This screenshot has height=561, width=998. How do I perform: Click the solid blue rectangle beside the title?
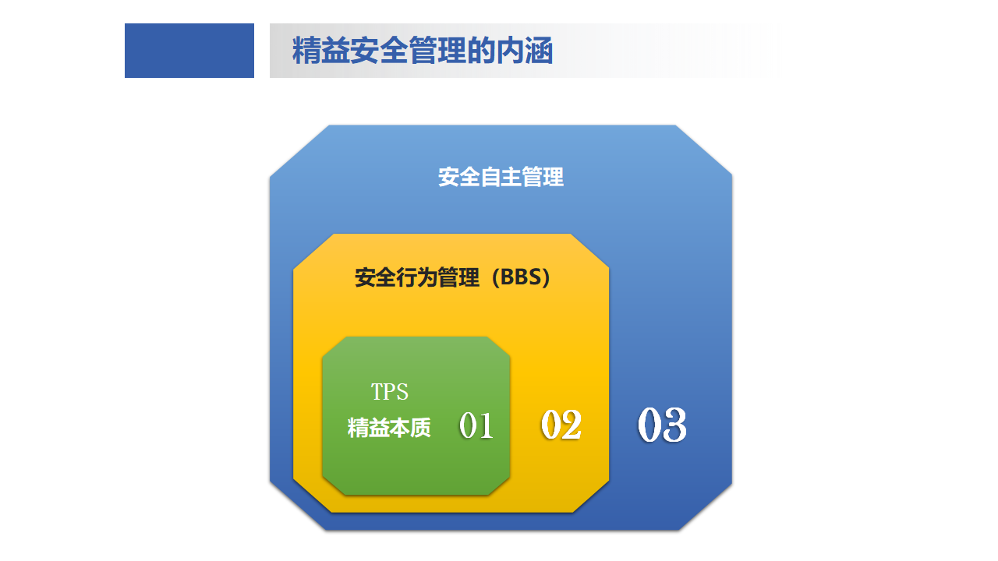(x=189, y=51)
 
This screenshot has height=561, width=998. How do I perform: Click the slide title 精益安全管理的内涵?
(x=423, y=51)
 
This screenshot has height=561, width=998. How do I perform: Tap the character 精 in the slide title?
(x=306, y=51)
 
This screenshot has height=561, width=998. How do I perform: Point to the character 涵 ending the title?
(x=539, y=51)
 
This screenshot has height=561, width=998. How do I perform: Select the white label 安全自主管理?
(x=501, y=177)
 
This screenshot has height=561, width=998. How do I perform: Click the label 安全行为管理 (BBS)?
(x=453, y=277)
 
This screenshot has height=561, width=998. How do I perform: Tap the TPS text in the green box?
(x=389, y=392)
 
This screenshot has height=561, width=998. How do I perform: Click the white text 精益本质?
(x=389, y=428)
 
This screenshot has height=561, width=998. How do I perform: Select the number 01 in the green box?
(x=476, y=425)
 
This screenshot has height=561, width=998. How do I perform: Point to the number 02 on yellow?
(x=561, y=425)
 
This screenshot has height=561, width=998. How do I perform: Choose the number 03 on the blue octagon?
(x=662, y=425)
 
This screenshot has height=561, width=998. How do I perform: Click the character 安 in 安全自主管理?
(x=448, y=177)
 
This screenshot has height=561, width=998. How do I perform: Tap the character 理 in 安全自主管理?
(x=554, y=177)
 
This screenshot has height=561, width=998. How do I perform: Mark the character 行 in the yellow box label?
(x=406, y=277)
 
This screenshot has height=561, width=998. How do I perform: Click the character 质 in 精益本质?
(x=420, y=428)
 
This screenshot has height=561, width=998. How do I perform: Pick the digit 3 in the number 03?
(x=674, y=425)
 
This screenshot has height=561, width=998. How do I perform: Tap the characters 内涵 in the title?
(x=525, y=51)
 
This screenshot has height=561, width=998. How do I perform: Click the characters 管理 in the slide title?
(x=437, y=51)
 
